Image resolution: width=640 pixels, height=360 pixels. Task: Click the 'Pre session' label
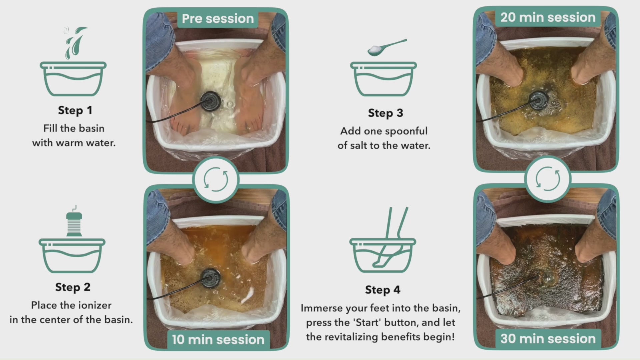(x=218, y=19)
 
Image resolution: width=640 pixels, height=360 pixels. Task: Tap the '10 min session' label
(x=218, y=340)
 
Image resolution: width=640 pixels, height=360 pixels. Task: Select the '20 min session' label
(x=548, y=17)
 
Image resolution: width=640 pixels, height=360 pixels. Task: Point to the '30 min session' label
(x=548, y=339)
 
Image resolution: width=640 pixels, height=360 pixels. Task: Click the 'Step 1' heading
(x=75, y=110)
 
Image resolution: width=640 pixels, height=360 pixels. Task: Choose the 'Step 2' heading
(x=73, y=287)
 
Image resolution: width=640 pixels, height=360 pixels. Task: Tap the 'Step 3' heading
(x=385, y=113)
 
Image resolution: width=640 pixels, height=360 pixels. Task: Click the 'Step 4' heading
(x=383, y=290)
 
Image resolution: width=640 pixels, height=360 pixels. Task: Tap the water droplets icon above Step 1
(x=75, y=43)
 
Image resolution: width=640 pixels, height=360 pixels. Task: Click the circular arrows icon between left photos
(x=216, y=179)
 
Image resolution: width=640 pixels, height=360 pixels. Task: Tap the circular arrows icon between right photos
(x=548, y=179)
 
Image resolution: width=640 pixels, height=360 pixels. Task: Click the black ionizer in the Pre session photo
(x=210, y=100)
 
